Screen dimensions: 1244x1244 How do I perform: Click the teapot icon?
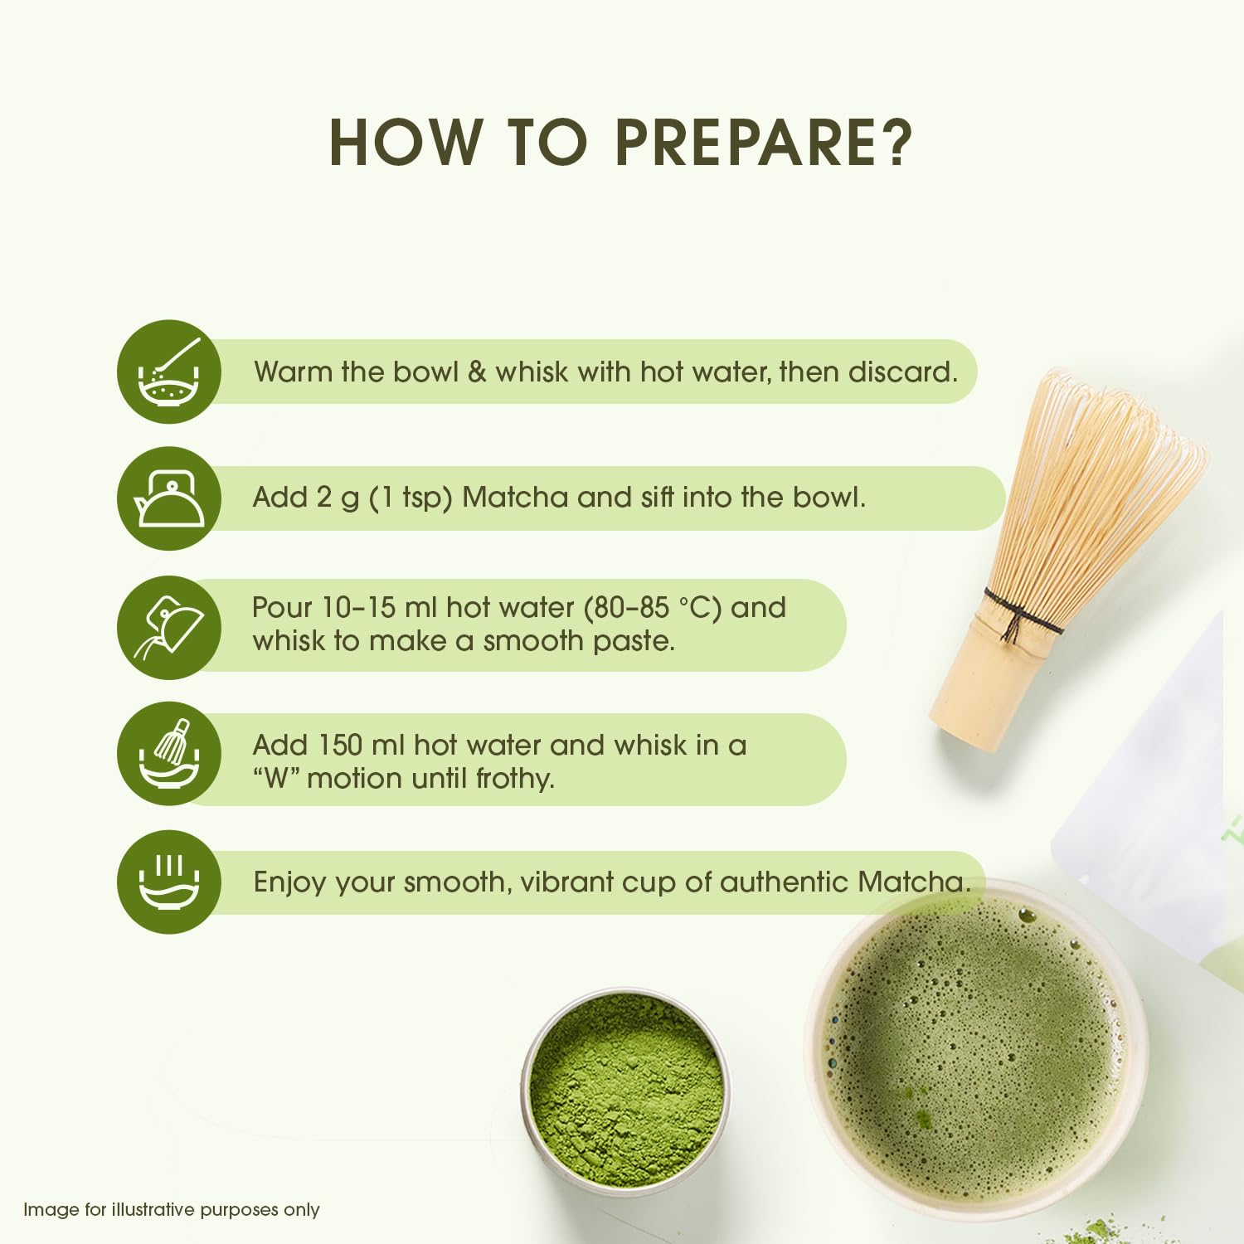169,498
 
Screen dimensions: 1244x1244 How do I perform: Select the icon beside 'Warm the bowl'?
169,372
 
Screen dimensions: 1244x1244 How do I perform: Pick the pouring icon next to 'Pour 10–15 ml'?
169,628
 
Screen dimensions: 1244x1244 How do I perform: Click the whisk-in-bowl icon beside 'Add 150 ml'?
169,754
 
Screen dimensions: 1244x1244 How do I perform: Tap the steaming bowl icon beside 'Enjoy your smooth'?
169,882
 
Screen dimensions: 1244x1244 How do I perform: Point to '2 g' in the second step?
338,498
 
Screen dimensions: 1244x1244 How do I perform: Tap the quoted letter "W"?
275,779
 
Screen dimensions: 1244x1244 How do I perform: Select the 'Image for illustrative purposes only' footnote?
172,1210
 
